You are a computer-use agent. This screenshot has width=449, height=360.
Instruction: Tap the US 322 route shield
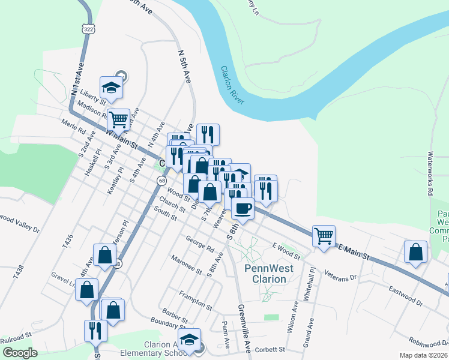click(88, 29)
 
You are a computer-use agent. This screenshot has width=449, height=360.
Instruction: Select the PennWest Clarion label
click(269, 274)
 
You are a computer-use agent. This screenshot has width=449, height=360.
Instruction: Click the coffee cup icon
click(243, 208)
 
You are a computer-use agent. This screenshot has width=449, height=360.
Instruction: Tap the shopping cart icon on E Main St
click(324, 235)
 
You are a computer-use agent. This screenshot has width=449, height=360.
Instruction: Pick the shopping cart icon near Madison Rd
click(118, 120)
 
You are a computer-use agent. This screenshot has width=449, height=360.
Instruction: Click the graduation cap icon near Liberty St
click(111, 88)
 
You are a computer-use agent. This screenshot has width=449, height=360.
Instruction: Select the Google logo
click(20, 352)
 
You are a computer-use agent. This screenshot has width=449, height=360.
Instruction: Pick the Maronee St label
click(186, 265)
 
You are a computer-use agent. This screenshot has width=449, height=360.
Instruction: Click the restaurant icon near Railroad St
click(96, 330)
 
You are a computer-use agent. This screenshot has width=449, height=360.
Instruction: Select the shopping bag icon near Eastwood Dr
click(415, 253)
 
